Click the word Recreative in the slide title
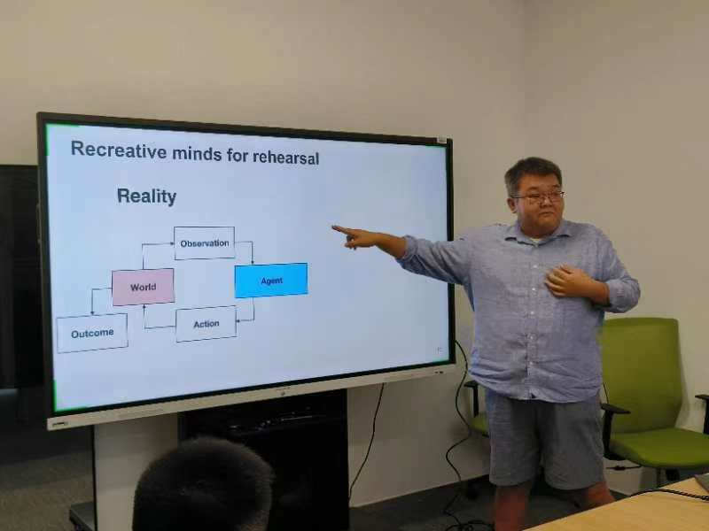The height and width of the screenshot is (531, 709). (x=119, y=150)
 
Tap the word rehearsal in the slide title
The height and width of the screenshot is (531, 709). (x=285, y=157)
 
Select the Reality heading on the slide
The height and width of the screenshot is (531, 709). (x=146, y=196)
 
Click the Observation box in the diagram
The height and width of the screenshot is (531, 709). (x=205, y=243)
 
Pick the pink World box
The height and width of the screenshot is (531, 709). (x=143, y=287)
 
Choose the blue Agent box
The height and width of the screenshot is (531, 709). (x=271, y=281)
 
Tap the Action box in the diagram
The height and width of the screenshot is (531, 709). (x=206, y=324)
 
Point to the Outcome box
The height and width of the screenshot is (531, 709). (x=92, y=334)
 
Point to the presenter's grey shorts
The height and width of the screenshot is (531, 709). (x=544, y=438)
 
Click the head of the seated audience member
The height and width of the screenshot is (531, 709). (x=203, y=484)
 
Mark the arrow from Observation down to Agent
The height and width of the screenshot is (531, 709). (x=247, y=247)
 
